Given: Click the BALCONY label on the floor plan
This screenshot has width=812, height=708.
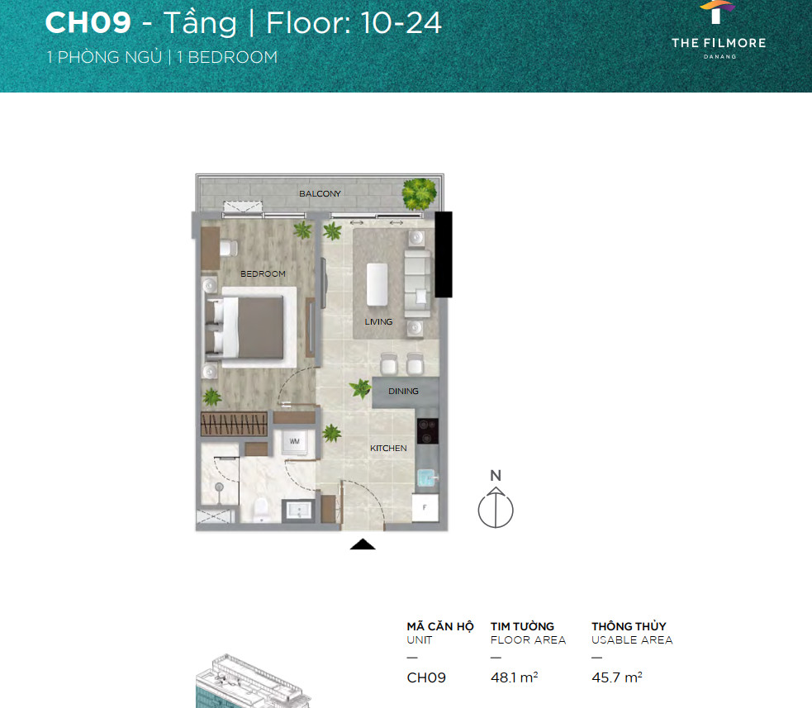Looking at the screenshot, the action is (x=320, y=193).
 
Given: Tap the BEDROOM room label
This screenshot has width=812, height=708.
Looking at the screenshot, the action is (x=263, y=273).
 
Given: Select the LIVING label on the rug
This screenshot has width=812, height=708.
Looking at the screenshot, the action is (x=378, y=321).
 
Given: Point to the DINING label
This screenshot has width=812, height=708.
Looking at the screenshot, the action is (x=403, y=391).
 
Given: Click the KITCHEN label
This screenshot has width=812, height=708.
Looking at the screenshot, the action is (x=388, y=448).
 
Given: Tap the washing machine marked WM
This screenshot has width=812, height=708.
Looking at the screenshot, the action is (x=295, y=441).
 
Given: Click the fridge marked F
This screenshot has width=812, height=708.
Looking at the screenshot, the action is (x=425, y=507).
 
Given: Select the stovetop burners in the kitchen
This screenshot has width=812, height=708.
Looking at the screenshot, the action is (x=427, y=431).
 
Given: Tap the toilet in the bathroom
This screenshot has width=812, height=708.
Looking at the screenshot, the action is (x=260, y=510).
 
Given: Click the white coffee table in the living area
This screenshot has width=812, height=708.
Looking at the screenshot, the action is (x=377, y=284).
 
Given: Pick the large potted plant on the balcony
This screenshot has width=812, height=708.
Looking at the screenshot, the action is (x=419, y=193).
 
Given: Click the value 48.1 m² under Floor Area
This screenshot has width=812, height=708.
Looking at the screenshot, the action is (x=515, y=677).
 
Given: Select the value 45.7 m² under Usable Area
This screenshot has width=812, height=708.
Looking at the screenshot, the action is (x=617, y=677).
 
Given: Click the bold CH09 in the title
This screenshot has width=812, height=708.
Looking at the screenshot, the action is (x=88, y=23).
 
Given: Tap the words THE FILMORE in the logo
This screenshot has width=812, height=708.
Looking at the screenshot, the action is (x=719, y=43).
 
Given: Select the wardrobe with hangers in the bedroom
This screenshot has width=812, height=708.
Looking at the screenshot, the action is (x=234, y=424).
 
